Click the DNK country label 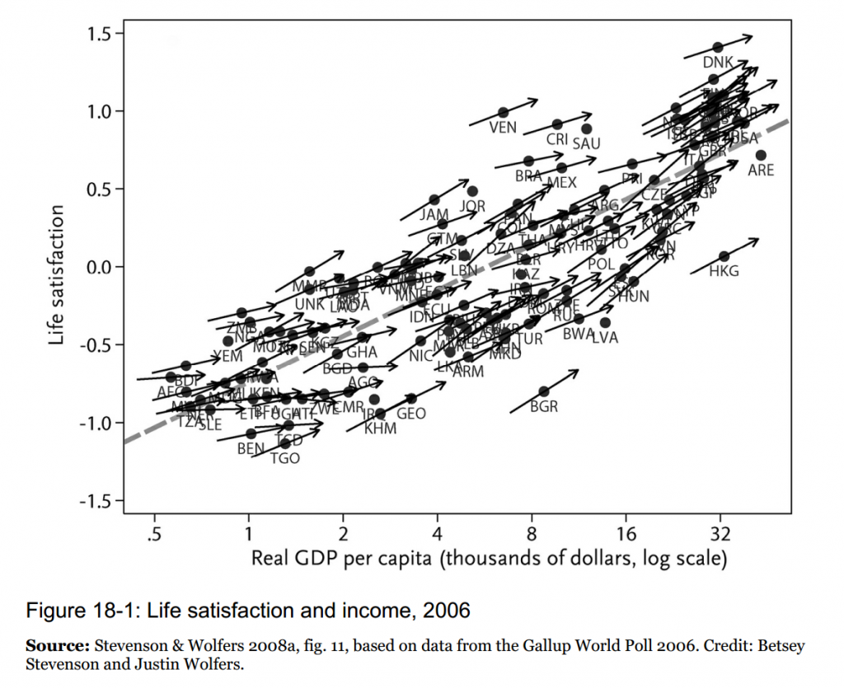point(718,63)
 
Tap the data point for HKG point(724,256)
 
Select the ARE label point(761,170)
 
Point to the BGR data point point(544,391)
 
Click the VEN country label point(503,128)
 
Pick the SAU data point point(587,129)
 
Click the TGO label point(285,458)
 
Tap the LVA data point point(605,322)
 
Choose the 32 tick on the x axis point(720,533)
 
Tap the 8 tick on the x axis point(532,533)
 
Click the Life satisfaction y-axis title point(57,276)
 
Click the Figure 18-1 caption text point(248,611)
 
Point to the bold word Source point(57,645)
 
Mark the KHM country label point(380,428)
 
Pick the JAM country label point(434,215)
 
